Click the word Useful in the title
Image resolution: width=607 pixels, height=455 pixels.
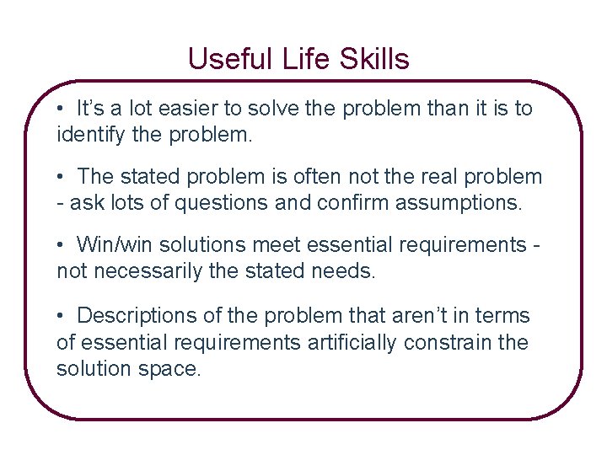tap(221, 59)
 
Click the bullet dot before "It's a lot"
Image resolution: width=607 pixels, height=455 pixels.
tap(62, 110)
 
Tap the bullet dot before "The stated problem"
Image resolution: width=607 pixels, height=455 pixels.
tap(62, 178)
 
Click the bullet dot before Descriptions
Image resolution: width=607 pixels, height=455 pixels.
tap(62, 317)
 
